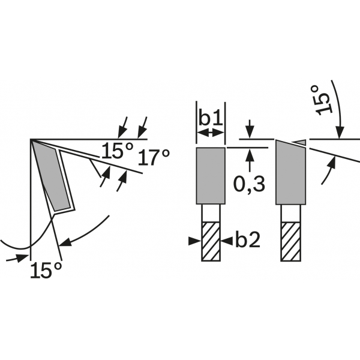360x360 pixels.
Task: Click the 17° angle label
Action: (x=154, y=158)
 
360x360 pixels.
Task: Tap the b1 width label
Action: (x=211, y=117)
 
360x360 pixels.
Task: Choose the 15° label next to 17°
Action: (x=116, y=151)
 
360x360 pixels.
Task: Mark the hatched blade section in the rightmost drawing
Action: (x=290, y=241)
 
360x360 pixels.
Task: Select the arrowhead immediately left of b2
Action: (x=194, y=241)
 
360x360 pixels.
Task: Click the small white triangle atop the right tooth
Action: (x=300, y=142)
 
